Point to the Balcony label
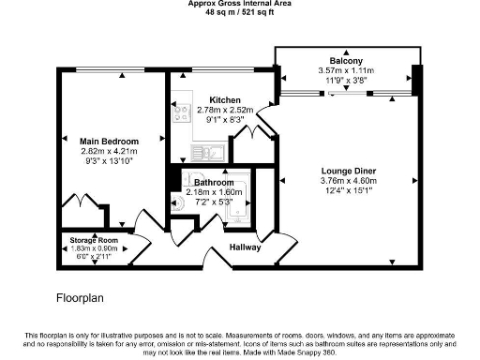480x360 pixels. [x=347, y=59]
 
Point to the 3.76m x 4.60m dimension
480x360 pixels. [x=348, y=182]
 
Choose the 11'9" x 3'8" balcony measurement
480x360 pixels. [x=347, y=81]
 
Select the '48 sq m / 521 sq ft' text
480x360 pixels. [x=239, y=13]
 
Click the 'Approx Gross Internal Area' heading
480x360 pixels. [x=239, y=5]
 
